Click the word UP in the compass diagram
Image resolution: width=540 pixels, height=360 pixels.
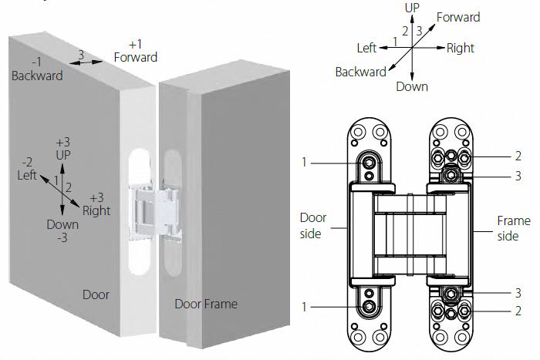click(x=412, y=7)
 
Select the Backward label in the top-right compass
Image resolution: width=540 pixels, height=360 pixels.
click(x=360, y=72)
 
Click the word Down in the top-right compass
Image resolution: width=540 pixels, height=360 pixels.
click(x=412, y=86)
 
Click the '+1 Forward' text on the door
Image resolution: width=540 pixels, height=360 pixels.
click(x=135, y=51)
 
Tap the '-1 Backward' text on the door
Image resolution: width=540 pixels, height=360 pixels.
click(x=37, y=69)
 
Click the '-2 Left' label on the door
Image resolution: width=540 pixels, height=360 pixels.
click(x=27, y=169)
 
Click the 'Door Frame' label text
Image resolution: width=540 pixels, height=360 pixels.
click(x=206, y=303)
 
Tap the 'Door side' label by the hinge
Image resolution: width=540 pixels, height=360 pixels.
click(x=313, y=225)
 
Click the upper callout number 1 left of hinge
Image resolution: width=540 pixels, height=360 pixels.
click(x=305, y=162)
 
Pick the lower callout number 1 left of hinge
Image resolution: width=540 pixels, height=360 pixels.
click(x=305, y=306)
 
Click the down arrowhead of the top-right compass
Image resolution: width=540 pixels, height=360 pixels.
click(x=412, y=75)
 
